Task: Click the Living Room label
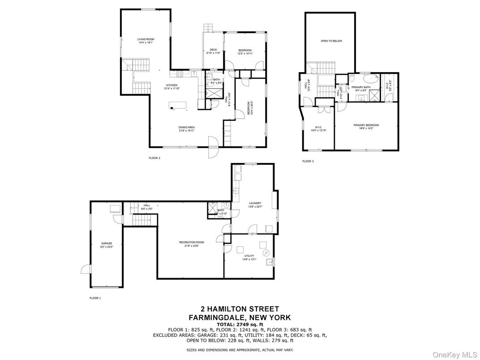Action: (x=146, y=39)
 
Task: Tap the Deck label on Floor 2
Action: (x=213, y=50)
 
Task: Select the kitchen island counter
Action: (x=178, y=105)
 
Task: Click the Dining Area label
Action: (x=187, y=127)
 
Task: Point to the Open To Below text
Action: (x=331, y=41)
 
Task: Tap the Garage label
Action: (x=106, y=243)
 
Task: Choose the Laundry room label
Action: (x=255, y=203)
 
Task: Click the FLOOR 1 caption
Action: (x=95, y=298)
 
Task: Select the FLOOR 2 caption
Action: (x=154, y=158)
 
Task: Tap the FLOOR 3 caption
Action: (x=308, y=161)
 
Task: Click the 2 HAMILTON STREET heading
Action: (x=240, y=309)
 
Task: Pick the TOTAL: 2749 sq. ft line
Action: (x=240, y=324)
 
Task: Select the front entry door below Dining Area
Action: (x=213, y=147)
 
